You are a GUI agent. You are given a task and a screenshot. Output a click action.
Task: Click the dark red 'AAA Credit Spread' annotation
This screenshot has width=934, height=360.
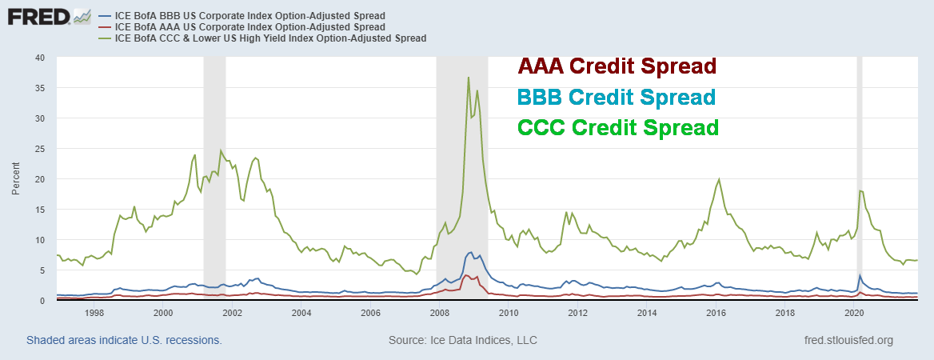point(617,66)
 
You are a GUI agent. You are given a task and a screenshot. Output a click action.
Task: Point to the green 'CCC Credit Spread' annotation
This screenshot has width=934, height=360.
point(618,127)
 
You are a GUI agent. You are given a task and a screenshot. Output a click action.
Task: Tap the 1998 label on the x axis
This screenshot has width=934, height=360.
point(94,314)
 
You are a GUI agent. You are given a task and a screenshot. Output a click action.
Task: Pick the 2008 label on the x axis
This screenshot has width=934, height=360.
point(439,314)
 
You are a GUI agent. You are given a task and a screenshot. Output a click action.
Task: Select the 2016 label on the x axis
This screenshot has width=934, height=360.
point(716,314)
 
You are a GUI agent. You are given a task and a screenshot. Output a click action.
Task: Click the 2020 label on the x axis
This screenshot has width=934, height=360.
point(854,314)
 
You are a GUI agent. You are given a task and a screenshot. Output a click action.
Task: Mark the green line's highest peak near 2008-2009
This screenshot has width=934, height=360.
point(469,78)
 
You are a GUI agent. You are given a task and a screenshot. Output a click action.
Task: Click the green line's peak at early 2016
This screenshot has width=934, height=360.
point(720,179)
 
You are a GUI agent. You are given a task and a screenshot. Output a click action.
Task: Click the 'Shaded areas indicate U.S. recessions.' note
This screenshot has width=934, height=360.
point(124,340)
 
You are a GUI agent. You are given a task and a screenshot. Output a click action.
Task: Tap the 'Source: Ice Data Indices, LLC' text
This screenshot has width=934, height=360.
point(463,340)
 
